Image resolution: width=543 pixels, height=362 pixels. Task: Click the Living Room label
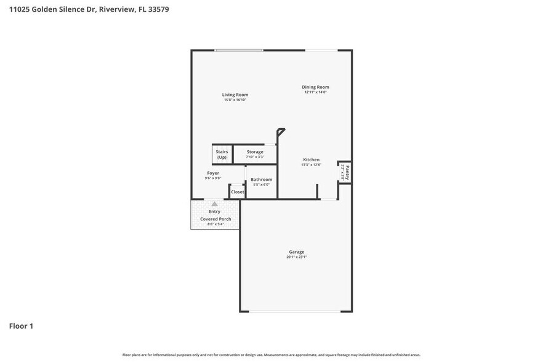pos(235,95)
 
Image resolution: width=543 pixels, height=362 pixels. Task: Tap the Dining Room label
pos(315,87)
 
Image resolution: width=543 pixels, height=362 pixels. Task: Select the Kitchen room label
pos(311,159)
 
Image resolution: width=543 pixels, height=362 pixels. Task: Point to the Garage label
pos(297,251)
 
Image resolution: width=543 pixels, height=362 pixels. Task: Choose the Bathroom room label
pos(261,179)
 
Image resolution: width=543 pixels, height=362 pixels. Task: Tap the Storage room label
pos(255,151)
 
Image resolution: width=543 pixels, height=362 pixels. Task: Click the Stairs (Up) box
pos(222,154)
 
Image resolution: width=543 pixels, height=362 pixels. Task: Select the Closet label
pos(237,192)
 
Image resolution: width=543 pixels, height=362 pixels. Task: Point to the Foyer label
pos(213,173)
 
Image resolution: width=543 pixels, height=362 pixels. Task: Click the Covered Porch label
pos(215,219)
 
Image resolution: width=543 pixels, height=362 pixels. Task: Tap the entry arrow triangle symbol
pos(214,204)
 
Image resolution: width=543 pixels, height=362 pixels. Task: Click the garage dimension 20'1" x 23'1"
pos(297,257)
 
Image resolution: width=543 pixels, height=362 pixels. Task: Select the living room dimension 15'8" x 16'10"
pos(235,100)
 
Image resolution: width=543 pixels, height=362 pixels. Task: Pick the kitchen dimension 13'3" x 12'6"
pos(311,164)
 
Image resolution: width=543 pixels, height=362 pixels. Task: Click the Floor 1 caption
pos(21,326)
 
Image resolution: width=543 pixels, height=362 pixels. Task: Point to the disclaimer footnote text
pos(271,355)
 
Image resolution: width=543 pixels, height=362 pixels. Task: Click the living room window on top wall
pos(239,50)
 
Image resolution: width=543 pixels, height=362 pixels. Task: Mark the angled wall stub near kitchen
pos(281,131)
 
